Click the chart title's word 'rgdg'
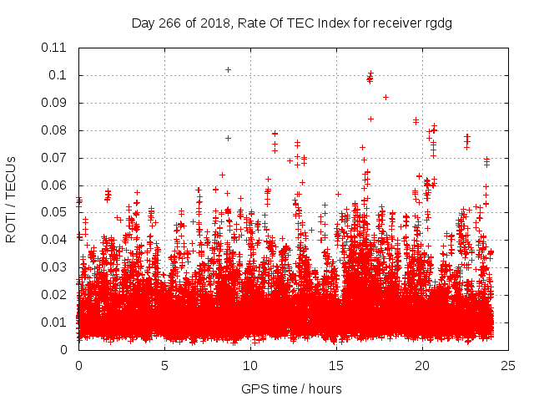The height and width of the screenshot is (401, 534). click(436, 23)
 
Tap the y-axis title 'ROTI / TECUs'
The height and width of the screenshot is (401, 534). click(11, 199)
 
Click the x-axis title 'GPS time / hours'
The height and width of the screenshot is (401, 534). click(291, 388)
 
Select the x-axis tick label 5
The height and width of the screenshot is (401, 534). click(164, 365)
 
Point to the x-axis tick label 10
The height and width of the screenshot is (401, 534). click(250, 365)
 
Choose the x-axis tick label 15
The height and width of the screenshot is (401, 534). click(336, 365)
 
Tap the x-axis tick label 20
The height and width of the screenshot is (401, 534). click(422, 365)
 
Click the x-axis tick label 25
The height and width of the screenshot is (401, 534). click(508, 365)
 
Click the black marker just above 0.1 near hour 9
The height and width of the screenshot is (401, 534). click(228, 69)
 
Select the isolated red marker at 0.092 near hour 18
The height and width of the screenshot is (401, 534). click(385, 97)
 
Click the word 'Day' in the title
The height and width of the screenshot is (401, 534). click(143, 23)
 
